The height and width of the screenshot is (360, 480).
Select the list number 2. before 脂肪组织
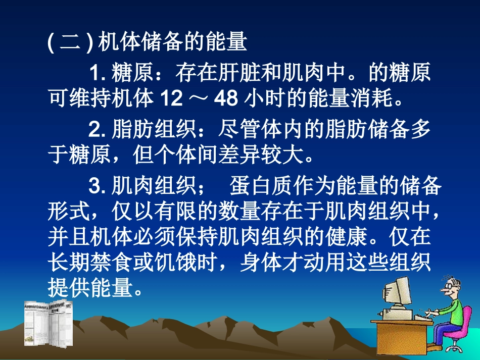(x=97, y=130)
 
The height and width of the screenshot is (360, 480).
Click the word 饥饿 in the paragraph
(x=183, y=264)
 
